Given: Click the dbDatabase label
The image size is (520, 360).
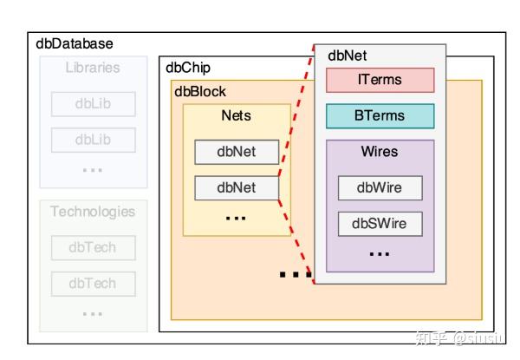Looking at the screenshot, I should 75,43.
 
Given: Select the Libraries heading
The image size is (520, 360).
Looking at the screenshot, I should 93,68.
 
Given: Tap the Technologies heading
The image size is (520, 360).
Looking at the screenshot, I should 93,211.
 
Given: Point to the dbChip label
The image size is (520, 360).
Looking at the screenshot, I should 187,68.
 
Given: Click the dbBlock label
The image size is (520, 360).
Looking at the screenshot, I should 201,90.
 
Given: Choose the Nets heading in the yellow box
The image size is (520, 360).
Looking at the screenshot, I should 236,116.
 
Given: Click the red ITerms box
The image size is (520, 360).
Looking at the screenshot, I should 380,80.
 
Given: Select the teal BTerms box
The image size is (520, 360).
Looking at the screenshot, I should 380,116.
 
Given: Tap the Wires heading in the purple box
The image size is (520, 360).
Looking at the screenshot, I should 380,152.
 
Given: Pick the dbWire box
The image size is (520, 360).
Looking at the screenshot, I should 380,187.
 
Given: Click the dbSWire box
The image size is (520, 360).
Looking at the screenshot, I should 380,224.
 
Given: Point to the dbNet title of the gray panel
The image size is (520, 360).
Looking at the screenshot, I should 347,56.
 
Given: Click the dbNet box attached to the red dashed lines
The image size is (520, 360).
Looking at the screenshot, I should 236,187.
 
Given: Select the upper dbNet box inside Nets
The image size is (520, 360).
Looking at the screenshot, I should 236,152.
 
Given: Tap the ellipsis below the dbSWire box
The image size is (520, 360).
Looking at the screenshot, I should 380,254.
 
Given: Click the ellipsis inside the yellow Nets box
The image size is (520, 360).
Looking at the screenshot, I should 236,218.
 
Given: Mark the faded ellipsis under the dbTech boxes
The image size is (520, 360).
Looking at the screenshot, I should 93,312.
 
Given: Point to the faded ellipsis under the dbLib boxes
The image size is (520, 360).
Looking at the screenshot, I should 93,169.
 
